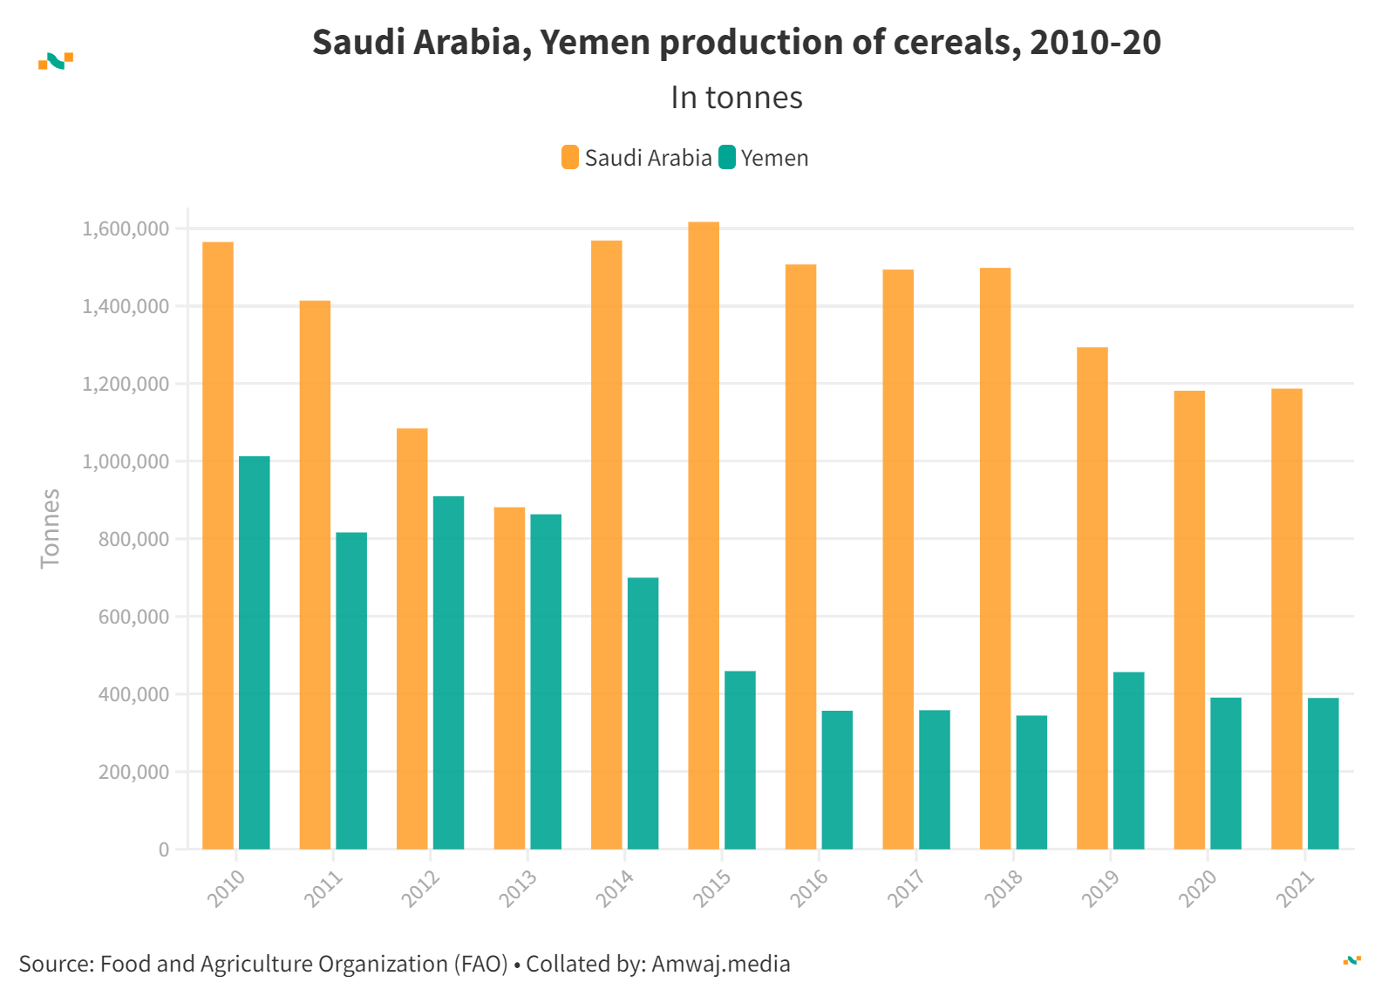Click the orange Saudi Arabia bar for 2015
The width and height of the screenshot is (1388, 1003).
[704, 536]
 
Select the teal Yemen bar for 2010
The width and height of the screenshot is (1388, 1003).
[255, 652]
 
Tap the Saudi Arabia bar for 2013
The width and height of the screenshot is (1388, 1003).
[509, 678]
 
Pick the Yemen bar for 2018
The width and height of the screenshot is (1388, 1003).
[1031, 782]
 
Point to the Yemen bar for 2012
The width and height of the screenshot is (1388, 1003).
[448, 672]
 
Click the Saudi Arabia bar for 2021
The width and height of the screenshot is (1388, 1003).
[1287, 618]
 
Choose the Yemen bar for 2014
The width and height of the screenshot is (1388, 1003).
[643, 713]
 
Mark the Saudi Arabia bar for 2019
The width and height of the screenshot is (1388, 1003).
[1092, 598]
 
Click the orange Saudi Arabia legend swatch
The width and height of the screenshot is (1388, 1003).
[570, 158]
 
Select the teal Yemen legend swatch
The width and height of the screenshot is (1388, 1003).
[727, 158]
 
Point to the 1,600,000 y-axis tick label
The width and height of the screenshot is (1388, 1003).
[126, 229]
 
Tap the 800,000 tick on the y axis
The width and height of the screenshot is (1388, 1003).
[133, 539]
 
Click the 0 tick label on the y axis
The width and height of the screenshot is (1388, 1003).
[164, 849]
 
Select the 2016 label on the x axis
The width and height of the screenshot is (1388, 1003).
[809, 889]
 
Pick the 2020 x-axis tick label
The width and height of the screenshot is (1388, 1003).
[1198, 889]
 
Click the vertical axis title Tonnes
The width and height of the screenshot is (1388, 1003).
[51, 529]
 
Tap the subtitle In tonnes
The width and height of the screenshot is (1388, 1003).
[737, 98]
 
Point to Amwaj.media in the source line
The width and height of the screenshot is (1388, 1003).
[721, 964]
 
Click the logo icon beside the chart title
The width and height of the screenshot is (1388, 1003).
[56, 61]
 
